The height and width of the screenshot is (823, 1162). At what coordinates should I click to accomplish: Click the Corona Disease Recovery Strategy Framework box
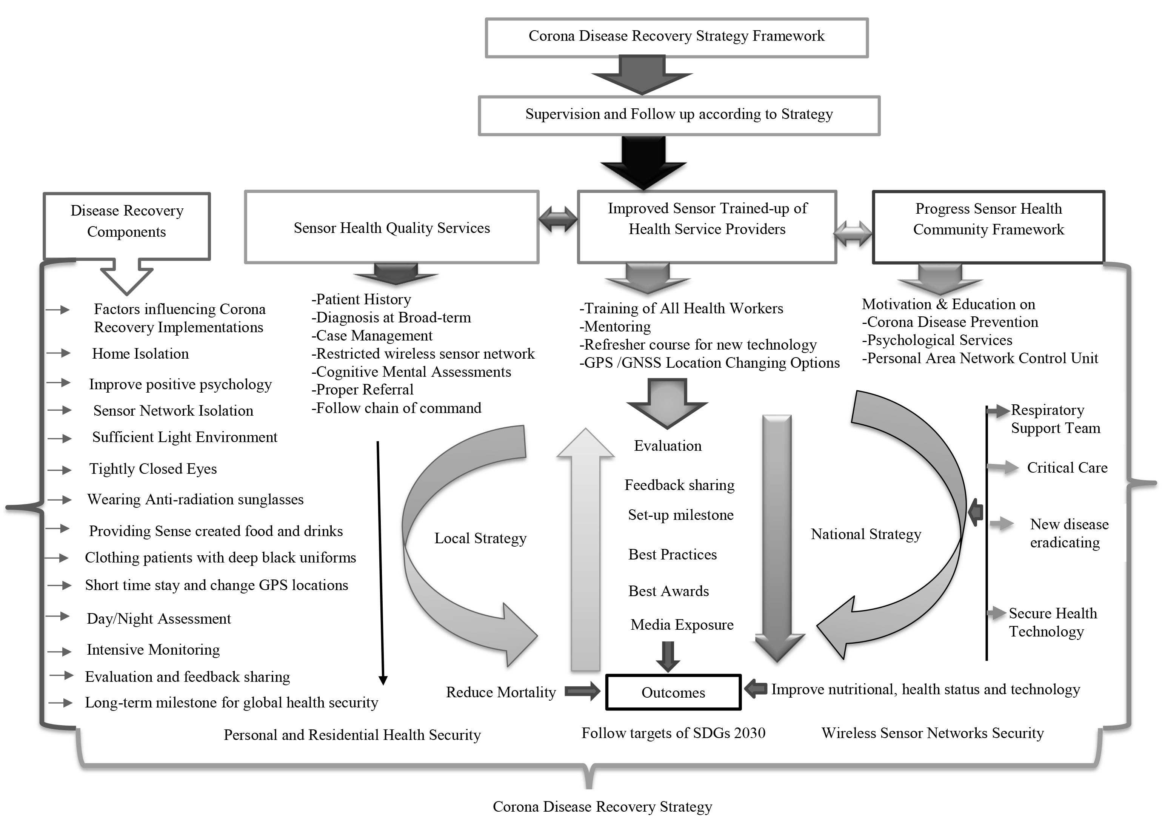(x=676, y=37)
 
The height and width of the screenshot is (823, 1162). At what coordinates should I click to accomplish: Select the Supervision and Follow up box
(x=679, y=115)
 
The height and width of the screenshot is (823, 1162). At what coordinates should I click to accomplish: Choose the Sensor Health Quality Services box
(x=392, y=228)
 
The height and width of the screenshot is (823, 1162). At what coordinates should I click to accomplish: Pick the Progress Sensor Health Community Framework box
(x=988, y=227)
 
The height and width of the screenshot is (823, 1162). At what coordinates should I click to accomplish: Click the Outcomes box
(x=673, y=692)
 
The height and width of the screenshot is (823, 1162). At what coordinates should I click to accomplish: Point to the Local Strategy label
(x=480, y=538)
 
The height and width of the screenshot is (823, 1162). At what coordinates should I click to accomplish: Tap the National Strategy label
(x=866, y=534)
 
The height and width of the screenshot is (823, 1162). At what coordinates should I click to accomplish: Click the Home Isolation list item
(x=140, y=354)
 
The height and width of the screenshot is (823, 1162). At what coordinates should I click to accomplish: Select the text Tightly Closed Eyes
(x=153, y=469)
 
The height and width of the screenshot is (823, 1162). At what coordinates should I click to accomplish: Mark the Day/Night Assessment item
(x=159, y=619)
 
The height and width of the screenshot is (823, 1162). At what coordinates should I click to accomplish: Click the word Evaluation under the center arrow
(x=668, y=446)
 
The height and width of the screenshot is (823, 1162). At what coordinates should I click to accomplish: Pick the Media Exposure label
(x=682, y=625)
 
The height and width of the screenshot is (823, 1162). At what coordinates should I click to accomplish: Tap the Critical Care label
(x=1067, y=468)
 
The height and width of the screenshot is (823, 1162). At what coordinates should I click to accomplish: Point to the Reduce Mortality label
(x=500, y=692)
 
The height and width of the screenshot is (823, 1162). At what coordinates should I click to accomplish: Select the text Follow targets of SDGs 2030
(x=673, y=733)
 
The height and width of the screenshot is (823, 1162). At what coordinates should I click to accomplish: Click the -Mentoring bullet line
(x=615, y=327)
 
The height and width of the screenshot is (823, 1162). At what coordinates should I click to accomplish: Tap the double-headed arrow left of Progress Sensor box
(x=853, y=234)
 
